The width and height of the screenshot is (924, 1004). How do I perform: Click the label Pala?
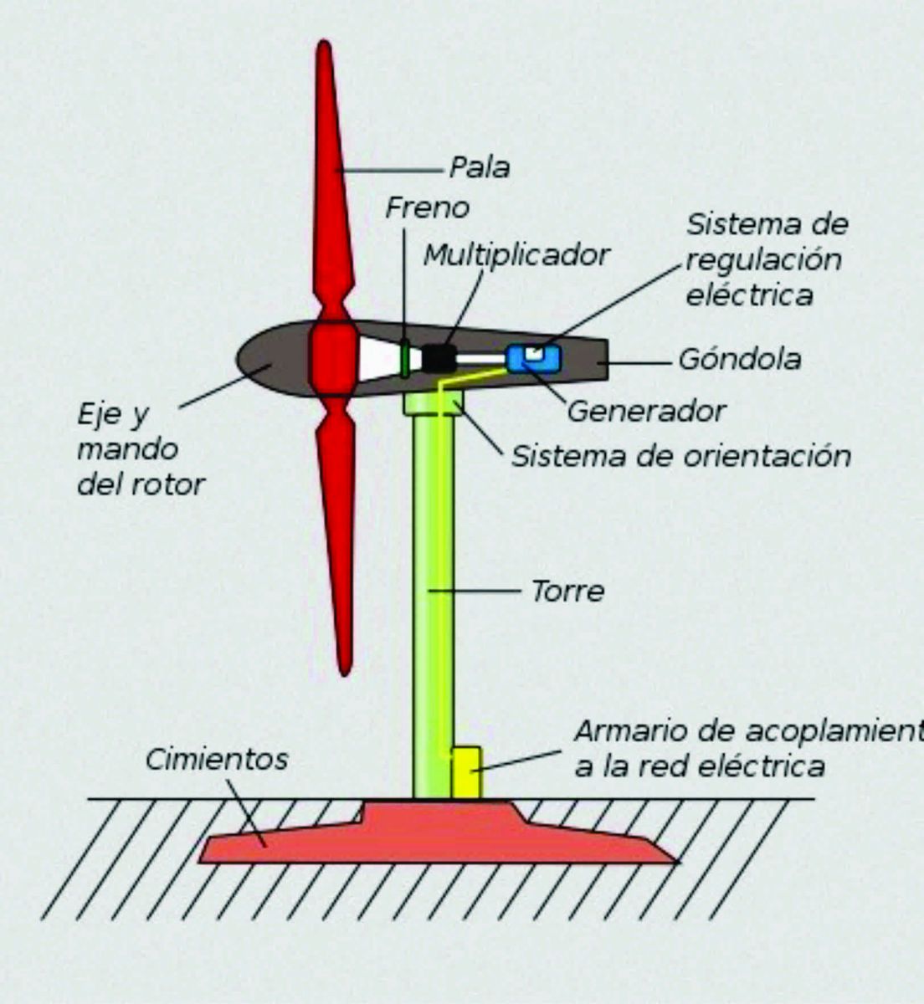coord(480,167)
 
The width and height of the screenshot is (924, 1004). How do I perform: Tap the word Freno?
coord(427,207)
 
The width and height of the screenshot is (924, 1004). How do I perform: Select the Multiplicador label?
coord(516,255)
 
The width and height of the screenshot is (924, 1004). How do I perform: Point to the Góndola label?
coord(740,360)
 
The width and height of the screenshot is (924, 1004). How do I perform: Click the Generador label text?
coord(647,412)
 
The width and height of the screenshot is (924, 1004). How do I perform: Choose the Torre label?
coord(568,591)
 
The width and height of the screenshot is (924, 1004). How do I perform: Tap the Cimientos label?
coord(217,759)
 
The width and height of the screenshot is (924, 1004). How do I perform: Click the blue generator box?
coord(533,358)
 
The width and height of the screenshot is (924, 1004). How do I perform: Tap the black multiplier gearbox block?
coord(439,358)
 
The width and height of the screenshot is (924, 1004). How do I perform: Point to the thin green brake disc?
coord(404,358)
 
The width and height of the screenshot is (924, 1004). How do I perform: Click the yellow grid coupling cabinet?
coord(467,773)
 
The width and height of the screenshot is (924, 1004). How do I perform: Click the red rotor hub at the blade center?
coord(333,358)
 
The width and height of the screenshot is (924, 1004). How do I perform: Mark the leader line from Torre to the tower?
coord(475,591)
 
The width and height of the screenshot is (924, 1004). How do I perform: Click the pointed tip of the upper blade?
coord(325,41)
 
